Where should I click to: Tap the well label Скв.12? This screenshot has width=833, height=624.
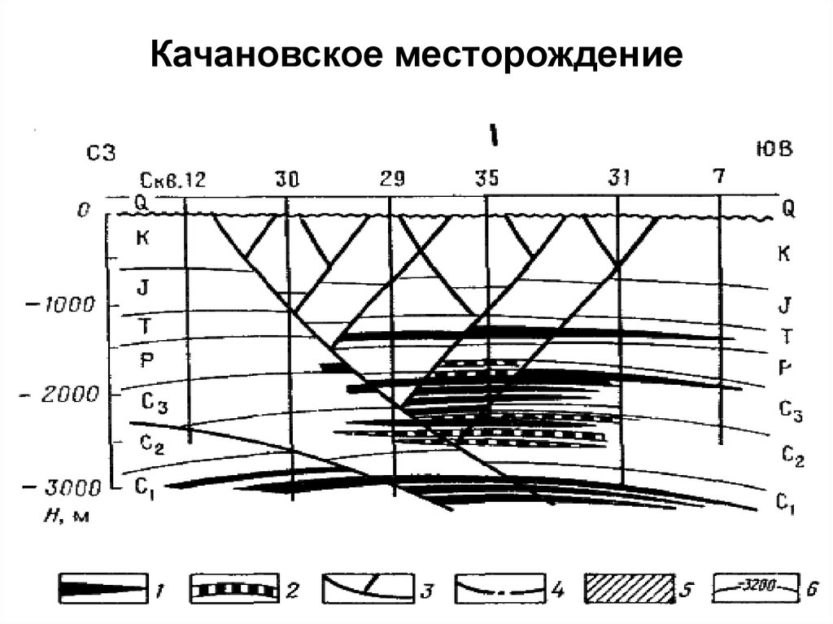172,180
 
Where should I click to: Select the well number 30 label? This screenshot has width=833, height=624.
286,179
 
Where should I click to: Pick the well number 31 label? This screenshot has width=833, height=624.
617,179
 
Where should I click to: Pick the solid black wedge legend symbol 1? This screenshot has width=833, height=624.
104,587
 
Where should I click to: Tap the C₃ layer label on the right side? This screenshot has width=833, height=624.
790,412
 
